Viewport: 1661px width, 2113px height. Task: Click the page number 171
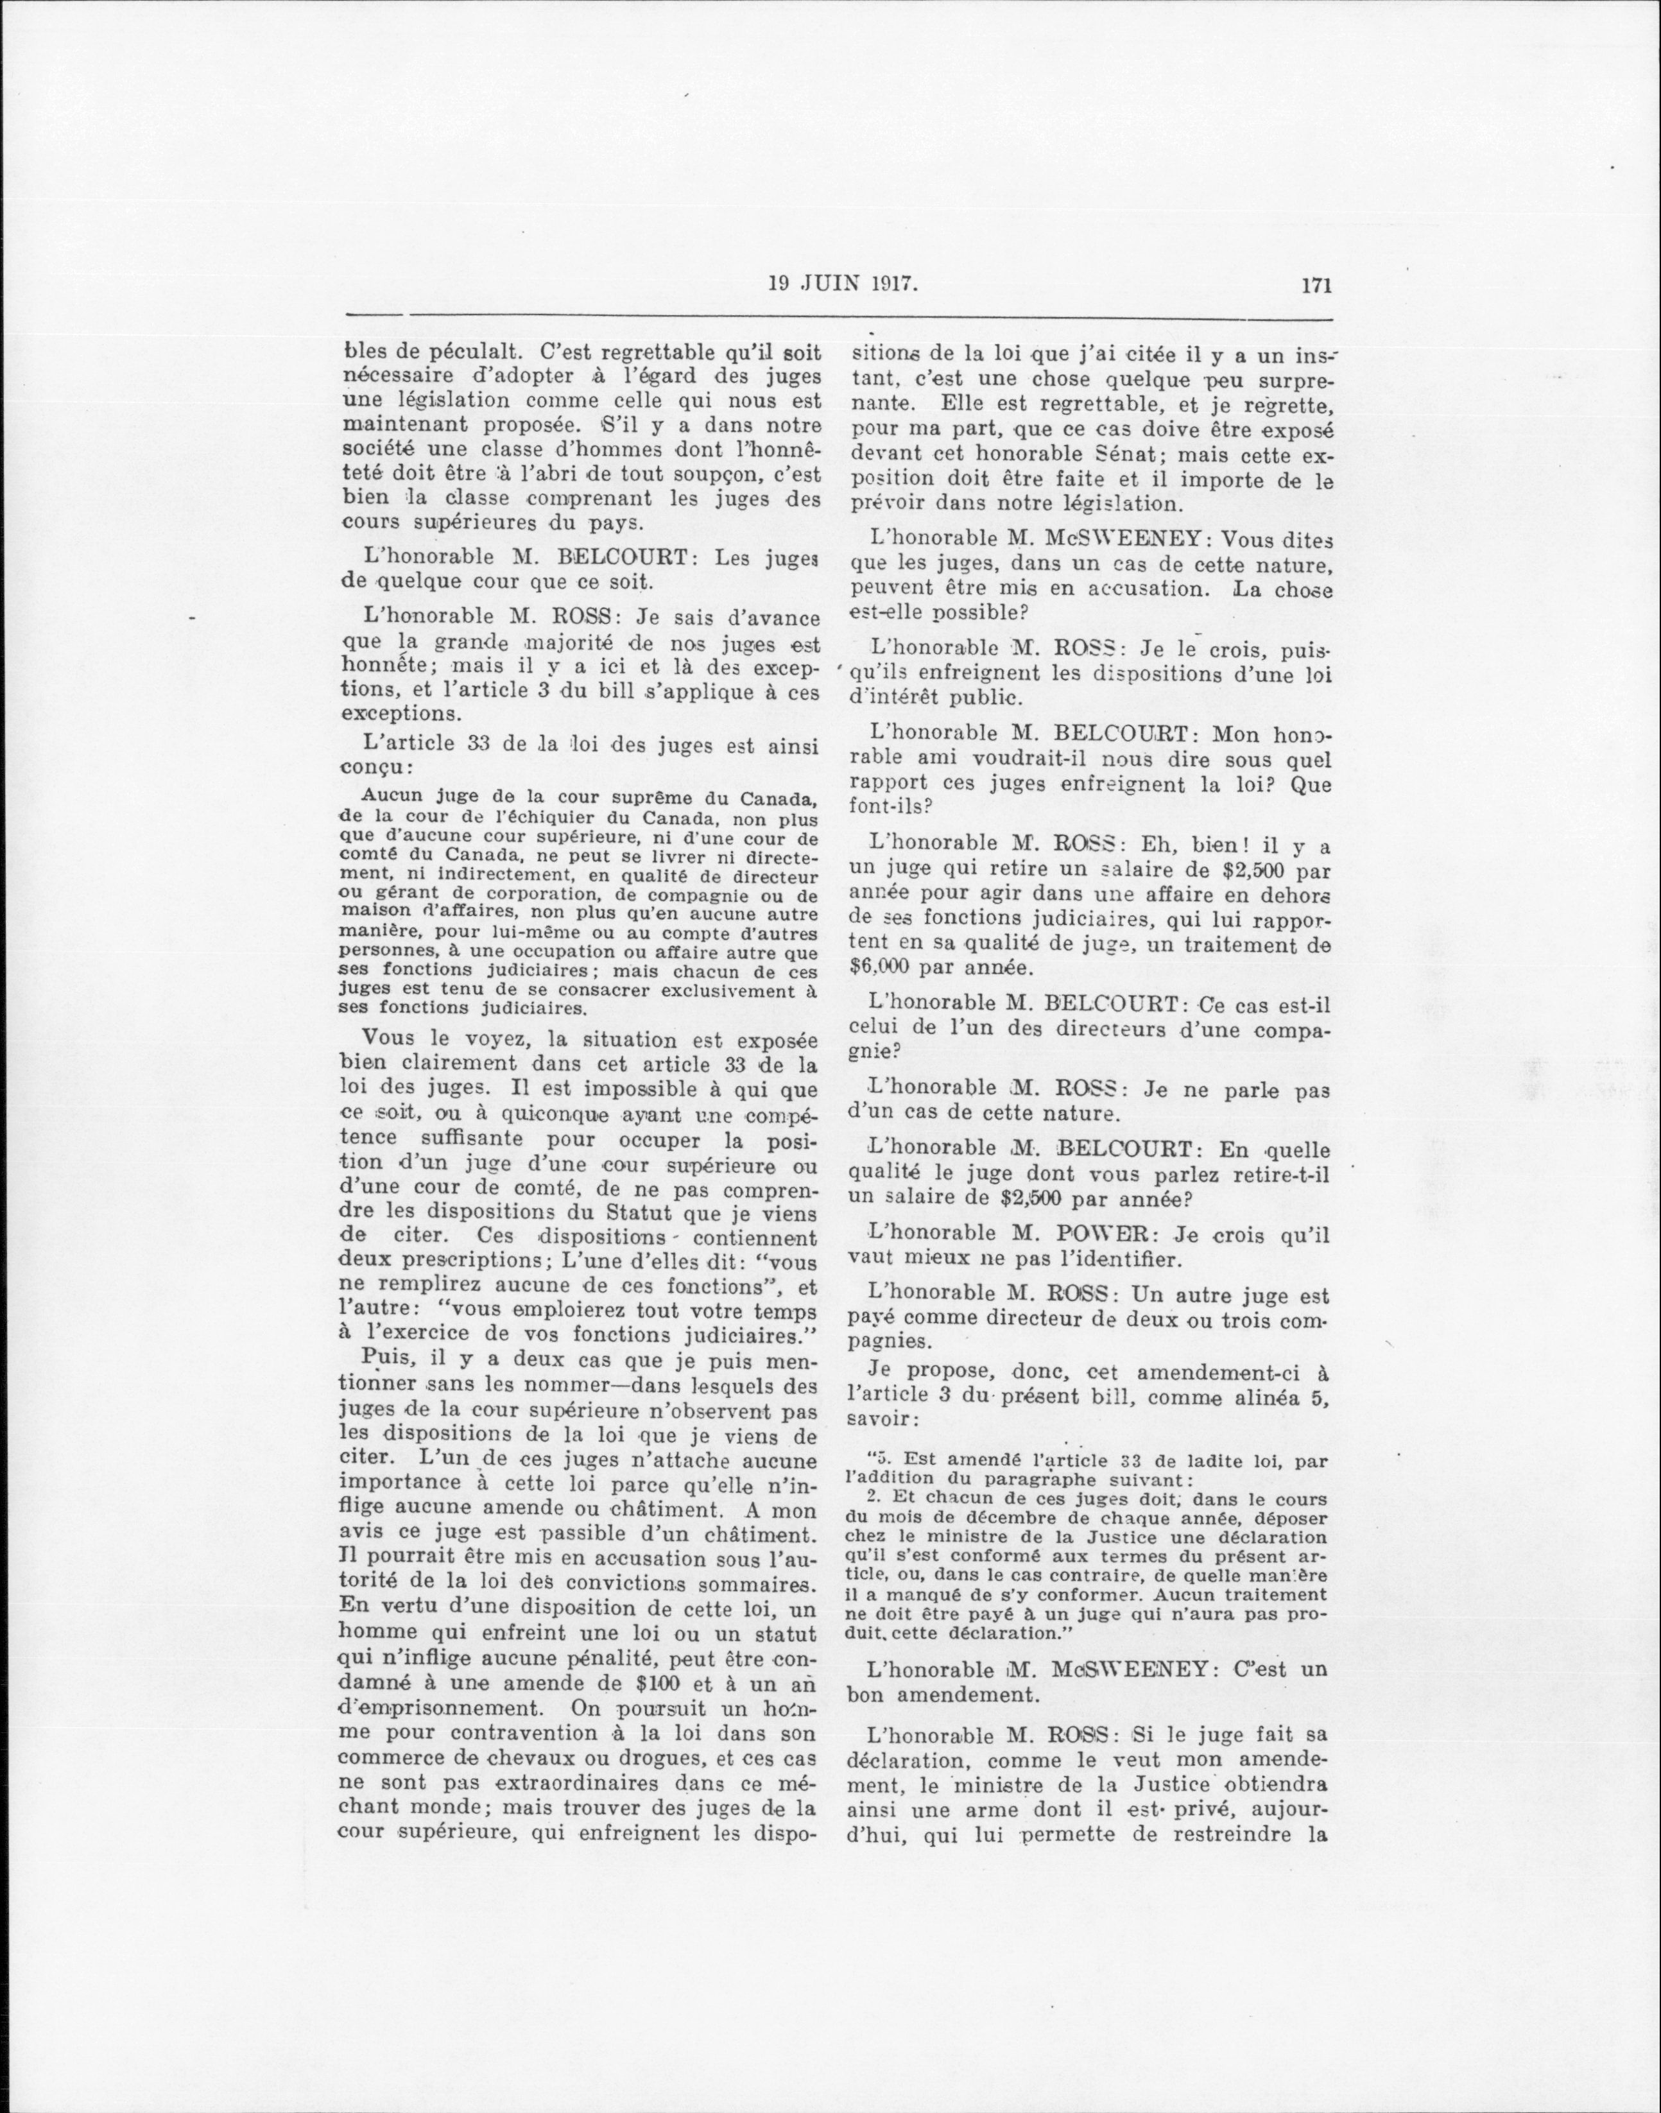point(1313,285)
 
